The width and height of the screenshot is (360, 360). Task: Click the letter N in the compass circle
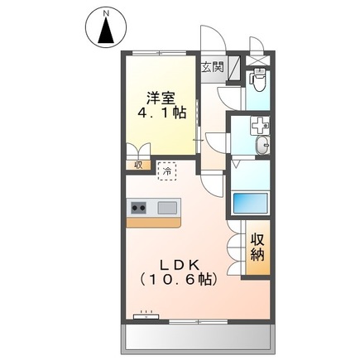click(x=107, y=13)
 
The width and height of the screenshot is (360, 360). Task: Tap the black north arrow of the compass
click(x=107, y=31)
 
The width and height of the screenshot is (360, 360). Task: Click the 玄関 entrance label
click(x=213, y=67)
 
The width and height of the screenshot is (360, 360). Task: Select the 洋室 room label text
click(x=161, y=95)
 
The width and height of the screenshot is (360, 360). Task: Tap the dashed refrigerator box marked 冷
click(x=167, y=170)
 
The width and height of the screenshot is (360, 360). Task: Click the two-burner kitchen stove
click(x=137, y=207)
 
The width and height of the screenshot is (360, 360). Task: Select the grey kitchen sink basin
click(x=168, y=207)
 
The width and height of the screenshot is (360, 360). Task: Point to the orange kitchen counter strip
click(x=153, y=222)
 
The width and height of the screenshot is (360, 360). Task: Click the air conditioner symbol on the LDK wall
click(x=147, y=315)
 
